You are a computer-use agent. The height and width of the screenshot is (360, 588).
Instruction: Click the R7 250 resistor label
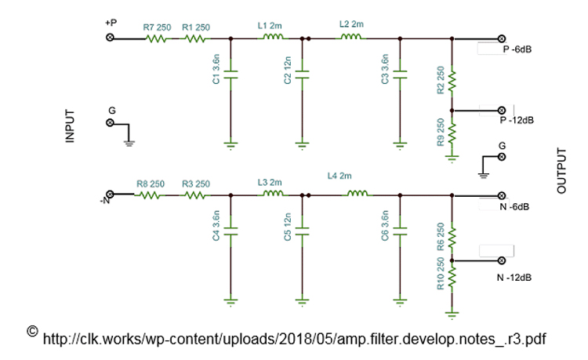(x=156, y=27)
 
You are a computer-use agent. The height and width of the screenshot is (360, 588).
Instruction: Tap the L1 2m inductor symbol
(x=272, y=36)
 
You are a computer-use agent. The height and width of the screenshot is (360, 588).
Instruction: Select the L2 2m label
(x=350, y=24)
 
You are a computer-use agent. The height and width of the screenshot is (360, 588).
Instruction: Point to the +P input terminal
(x=111, y=37)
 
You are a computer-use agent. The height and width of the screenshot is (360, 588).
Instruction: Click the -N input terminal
(x=111, y=194)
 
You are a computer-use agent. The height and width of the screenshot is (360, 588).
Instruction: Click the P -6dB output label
(x=518, y=49)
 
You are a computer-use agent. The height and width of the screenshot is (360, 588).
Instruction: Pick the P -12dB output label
(x=517, y=120)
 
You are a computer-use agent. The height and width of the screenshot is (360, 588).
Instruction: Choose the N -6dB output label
(x=514, y=207)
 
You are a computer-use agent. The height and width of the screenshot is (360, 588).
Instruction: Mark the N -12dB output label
(x=514, y=278)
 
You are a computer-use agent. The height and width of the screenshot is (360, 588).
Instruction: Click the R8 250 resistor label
(x=151, y=184)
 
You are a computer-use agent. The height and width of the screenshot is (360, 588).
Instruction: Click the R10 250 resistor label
(x=441, y=272)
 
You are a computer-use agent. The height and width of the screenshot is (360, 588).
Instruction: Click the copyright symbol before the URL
(x=32, y=331)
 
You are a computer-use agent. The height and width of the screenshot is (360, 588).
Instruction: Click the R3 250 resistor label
(x=195, y=184)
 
